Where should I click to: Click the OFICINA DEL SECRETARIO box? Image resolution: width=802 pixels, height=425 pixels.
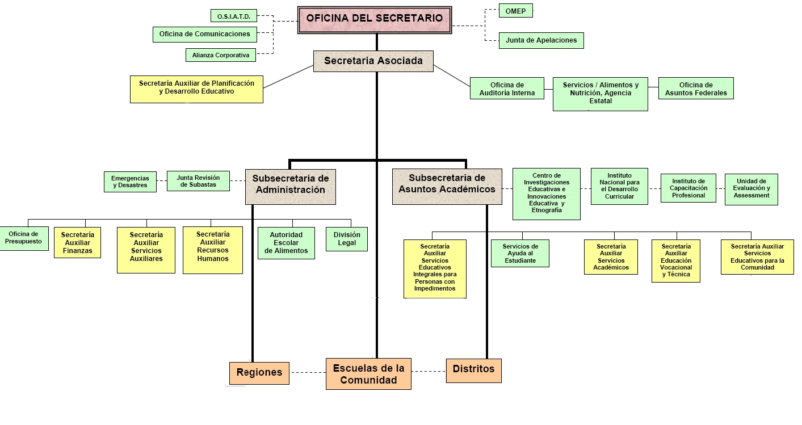click(375, 19)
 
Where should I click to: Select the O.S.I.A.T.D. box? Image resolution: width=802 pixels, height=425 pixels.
click(233, 16)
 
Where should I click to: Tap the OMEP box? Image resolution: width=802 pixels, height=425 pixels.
click(515, 11)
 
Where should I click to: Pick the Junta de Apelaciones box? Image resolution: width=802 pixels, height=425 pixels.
click(541, 40)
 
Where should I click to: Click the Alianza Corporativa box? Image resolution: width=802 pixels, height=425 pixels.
click(220, 55)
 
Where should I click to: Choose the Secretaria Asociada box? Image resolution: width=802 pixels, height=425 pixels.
click(373, 61)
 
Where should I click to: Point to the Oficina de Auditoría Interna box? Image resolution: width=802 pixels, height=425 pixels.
click(507, 89)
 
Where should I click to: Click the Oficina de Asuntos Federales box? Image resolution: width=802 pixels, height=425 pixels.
click(695, 89)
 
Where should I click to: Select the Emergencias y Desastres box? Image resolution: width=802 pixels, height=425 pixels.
click(130, 182)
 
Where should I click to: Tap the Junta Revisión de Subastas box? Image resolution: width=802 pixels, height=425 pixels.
click(198, 180)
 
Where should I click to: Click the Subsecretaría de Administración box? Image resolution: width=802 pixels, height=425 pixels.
click(290, 186)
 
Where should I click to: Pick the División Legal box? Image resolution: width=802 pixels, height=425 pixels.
click(346, 239)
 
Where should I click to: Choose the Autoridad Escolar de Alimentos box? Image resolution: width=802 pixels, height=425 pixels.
click(285, 243)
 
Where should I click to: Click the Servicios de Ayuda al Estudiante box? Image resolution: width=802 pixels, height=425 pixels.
click(520, 253)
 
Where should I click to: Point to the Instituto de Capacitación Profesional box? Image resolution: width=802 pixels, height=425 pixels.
click(688, 188)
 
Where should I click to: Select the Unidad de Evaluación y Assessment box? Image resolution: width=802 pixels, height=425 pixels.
click(751, 189)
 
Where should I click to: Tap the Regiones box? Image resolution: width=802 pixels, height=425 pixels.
click(259, 373)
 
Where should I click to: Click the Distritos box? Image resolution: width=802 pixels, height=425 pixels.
click(473, 370)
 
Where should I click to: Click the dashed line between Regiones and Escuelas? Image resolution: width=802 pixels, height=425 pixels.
click(308, 373)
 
